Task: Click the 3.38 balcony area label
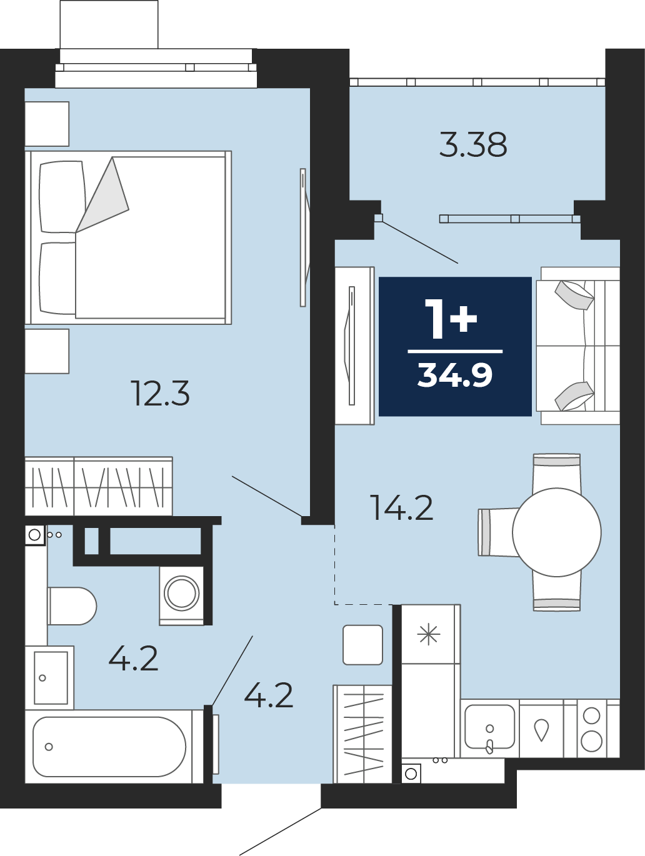pyautogui.click(x=473, y=145)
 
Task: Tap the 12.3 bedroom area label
pyautogui.click(x=160, y=393)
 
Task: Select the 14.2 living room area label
pyautogui.click(x=402, y=507)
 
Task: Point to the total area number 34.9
pyautogui.click(x=455, y=375)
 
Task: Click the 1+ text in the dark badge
pyautogui.click(x=451, y=319)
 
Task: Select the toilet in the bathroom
pyautogui.click(x=72, y=606)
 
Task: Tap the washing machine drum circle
pyautogui.click(x=182, y=593)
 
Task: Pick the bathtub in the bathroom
pyautogui.click(x=109, y=747)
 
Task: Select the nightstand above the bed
pyautogui.click(x=47, y=124)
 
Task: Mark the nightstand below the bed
pyautogui.click(x=47, y=351)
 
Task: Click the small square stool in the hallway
pyautogui.click(x=362, y=645)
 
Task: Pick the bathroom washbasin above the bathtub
pyautogui.click(x=51, y=678)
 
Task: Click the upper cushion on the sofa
pyautogui.click(x=574, y=295)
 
